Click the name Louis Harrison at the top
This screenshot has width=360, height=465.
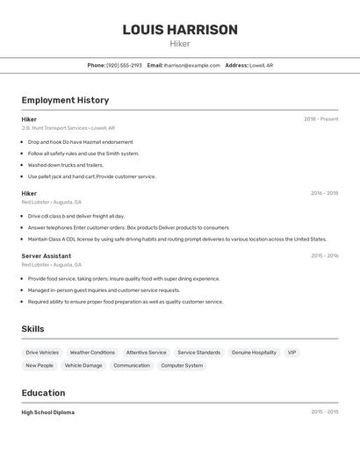180,30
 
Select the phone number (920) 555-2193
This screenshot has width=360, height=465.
124,65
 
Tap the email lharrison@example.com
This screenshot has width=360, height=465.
192,65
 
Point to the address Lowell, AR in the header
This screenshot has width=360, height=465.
261,65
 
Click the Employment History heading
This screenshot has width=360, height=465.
65,100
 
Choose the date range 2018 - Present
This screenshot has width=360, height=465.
320,119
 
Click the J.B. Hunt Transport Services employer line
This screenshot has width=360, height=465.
68,128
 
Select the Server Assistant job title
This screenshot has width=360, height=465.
47,256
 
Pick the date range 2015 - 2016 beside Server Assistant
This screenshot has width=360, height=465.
324,256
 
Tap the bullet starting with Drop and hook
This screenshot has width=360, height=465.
80,142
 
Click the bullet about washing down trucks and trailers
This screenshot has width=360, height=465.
65,165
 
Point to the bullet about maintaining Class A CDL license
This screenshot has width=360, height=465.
176,239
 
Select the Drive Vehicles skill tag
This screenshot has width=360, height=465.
42,353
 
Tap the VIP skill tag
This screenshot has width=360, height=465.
292,353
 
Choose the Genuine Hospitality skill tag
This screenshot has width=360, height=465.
254,353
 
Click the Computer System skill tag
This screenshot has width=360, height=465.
182,366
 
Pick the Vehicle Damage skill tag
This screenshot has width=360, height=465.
83,366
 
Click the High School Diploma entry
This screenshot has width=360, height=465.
48,412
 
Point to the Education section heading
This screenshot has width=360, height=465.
43,393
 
